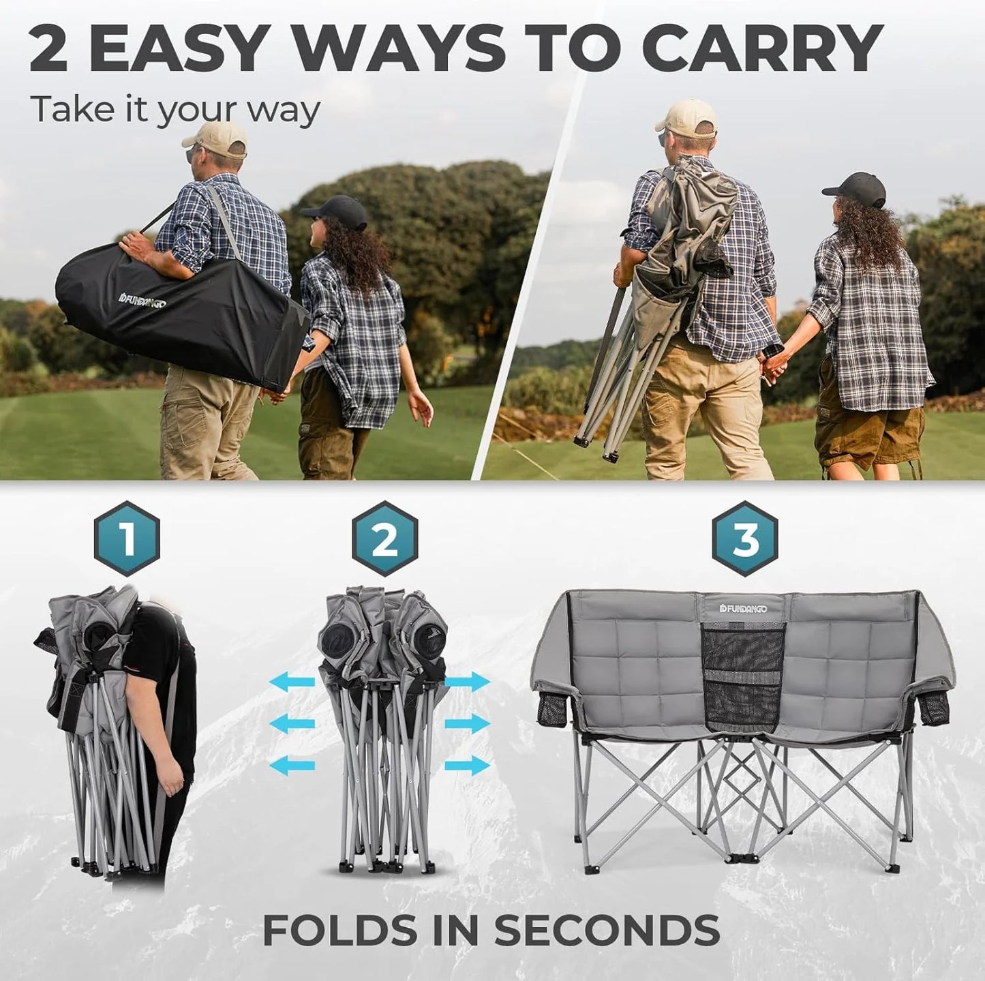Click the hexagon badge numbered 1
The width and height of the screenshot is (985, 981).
[127, 539]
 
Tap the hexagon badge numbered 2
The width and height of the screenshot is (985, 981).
[385, 539]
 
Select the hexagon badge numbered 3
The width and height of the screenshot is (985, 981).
[745, 539]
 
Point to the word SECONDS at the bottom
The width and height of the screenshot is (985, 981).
[607, 929]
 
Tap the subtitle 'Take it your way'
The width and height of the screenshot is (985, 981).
[175, 109]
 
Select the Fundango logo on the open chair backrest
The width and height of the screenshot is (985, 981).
[743, 608]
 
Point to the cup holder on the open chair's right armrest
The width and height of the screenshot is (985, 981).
[933, 709]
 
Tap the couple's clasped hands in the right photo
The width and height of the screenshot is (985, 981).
[774, 369]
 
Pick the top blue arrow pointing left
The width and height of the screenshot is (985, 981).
[292, 681]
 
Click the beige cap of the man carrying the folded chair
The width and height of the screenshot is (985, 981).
[688, 117]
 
